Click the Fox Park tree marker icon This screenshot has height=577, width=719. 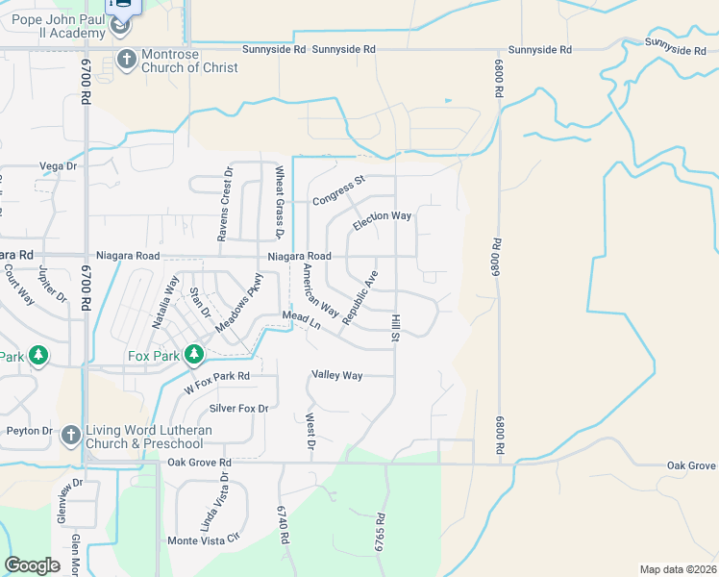(x=194, y=355)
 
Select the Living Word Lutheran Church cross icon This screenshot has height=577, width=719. (x=70, y=436)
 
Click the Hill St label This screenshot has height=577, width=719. (x=394, y=328)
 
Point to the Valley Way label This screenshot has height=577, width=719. (x=337, y=375)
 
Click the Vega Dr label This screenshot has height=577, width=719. (x=58, y=166)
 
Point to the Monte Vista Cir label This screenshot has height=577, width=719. (x=201, y=540)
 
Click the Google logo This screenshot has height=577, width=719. (x=33, y=565)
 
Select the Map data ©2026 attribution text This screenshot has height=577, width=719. (x=678, y=569)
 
